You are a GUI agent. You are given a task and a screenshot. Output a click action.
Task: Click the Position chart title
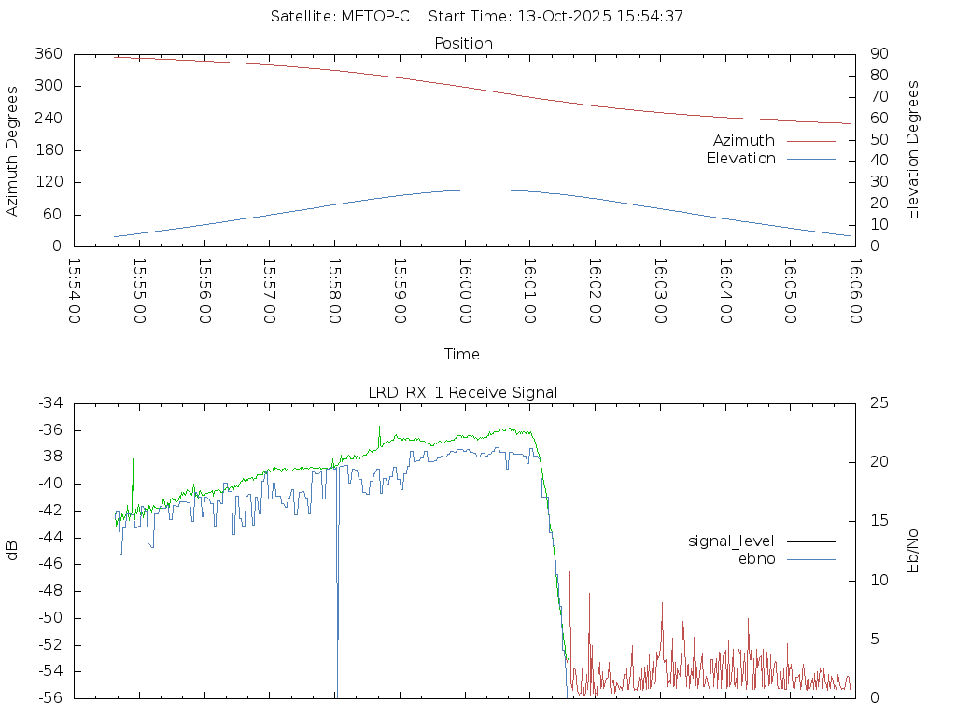point(464,43)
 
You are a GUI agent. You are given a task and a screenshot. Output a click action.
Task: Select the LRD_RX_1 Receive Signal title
point(463,392)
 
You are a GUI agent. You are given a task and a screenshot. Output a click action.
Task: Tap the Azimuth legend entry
point(744,140)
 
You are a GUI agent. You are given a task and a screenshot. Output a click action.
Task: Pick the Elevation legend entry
point(740,159)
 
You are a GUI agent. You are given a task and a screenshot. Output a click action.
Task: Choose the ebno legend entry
point(757,558)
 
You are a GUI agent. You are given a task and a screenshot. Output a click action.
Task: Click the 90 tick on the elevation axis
point(878,54)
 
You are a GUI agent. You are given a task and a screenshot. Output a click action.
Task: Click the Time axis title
point(462,354)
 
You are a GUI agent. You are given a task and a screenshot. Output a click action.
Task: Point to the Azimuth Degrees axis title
point(12,150)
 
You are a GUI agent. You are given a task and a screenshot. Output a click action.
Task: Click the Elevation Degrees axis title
point(913,149)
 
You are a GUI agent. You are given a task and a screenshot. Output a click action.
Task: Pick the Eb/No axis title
point(913,551)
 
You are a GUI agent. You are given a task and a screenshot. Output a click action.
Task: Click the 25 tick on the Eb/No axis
point(878,403)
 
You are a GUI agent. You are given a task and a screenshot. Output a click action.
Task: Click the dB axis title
point(12,551)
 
